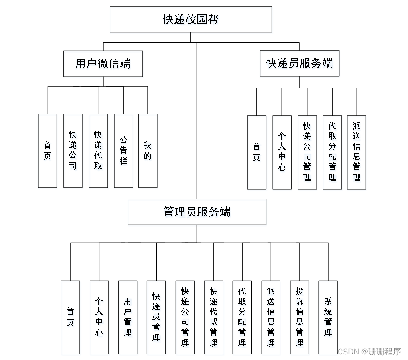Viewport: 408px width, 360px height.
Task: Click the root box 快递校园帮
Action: (x=190, y=19)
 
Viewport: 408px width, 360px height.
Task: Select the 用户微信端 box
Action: (x=103, y=64)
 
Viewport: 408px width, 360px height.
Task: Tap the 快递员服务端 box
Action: (x=299, y=64)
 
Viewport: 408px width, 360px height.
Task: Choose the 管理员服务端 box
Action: (x=197, y=212)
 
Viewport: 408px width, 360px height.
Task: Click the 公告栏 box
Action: (x=123, y=151)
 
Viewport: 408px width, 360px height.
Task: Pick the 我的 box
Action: (x=148, y=151)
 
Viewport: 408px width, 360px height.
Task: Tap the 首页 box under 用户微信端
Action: (x=48, y=151)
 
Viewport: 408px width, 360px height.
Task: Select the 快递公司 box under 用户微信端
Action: (x=73, y=151)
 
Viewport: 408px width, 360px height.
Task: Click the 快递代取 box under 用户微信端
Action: (x=98, y=151)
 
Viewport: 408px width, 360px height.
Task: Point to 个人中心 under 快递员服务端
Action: (x=282, y=152)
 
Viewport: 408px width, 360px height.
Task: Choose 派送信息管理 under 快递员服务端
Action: (x=357, y=152)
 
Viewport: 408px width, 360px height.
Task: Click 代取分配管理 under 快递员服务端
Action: (x=332, y=152)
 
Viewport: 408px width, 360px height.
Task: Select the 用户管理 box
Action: (x=128, y=317)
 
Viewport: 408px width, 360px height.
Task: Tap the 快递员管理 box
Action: (x=156, y=317)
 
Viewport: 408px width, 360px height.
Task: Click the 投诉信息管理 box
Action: (x=299, y=317)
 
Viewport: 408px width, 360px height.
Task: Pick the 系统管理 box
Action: (x=328, y=317)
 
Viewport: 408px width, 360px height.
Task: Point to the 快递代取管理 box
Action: (x=213, y=317)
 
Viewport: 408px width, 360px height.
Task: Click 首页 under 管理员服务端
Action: (x=70, y=317)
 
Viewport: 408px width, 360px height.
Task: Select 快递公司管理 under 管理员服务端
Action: (x=185, y=317)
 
